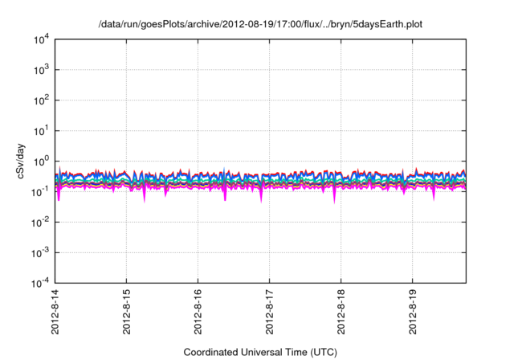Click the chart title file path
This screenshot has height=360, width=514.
pyautogui.click(x=260, y=25)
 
